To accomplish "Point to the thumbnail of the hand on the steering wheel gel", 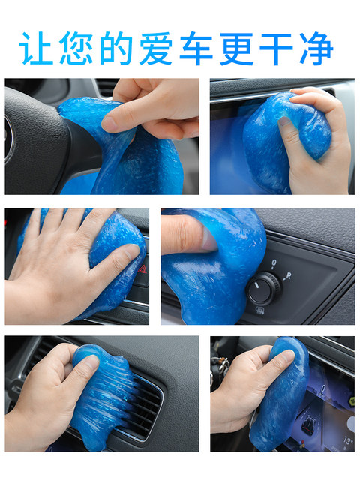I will click(101, 136).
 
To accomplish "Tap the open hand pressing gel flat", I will click(60, 266).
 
